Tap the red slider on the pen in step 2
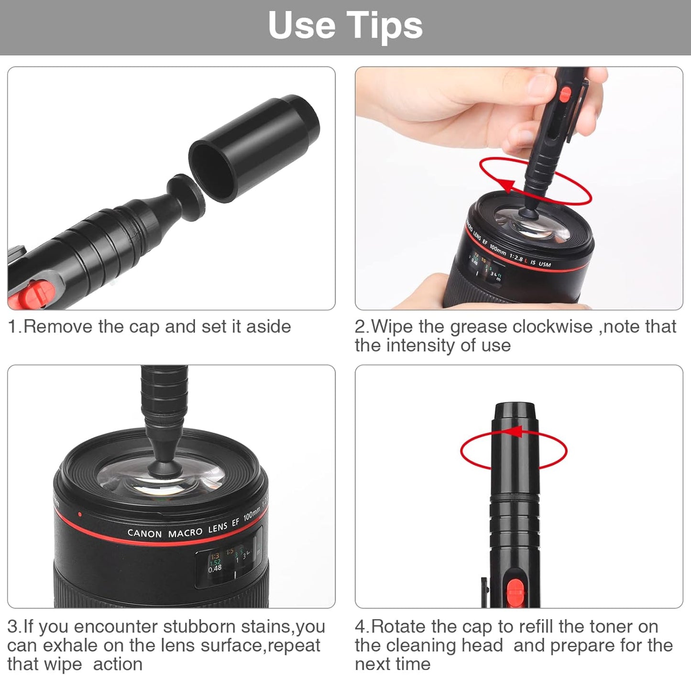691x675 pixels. pos(565,94)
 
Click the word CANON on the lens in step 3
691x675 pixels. pos(144,533)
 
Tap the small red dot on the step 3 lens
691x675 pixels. pos(79,514)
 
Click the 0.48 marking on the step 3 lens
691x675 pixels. pos(215,568)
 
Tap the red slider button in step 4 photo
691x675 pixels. pos(515,589)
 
